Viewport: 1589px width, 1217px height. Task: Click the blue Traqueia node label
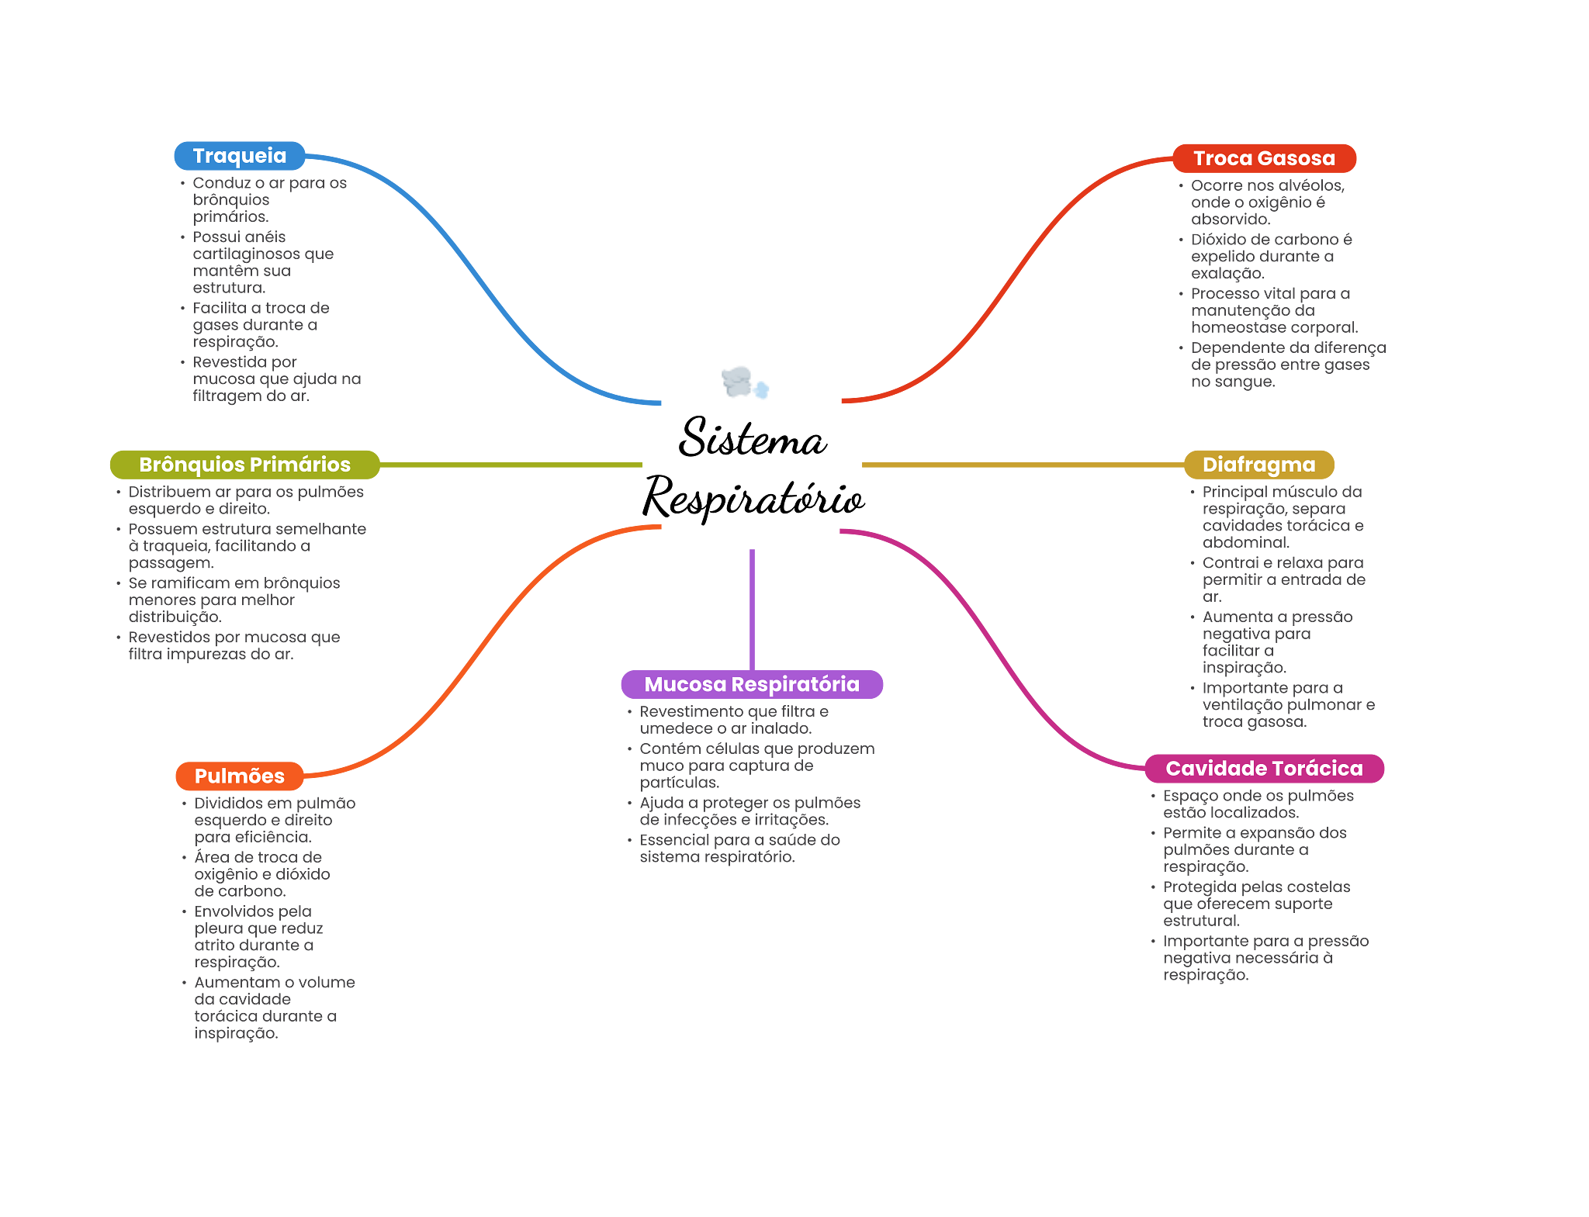239,156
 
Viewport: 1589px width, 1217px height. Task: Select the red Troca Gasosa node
1264,158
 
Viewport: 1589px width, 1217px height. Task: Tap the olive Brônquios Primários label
244,465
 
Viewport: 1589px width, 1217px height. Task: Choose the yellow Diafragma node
1258,465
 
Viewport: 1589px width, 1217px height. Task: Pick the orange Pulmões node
239,776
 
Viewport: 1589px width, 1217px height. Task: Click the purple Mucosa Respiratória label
751,684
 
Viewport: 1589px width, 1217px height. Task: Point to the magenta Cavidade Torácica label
1264,768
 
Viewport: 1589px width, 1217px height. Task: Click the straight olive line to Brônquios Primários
512,465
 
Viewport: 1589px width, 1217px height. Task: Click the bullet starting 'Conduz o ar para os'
268,199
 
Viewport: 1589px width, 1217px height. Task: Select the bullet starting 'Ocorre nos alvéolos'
1267,202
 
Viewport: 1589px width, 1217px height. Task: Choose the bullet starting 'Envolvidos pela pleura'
258,936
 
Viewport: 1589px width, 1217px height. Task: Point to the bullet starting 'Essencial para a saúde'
739,848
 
